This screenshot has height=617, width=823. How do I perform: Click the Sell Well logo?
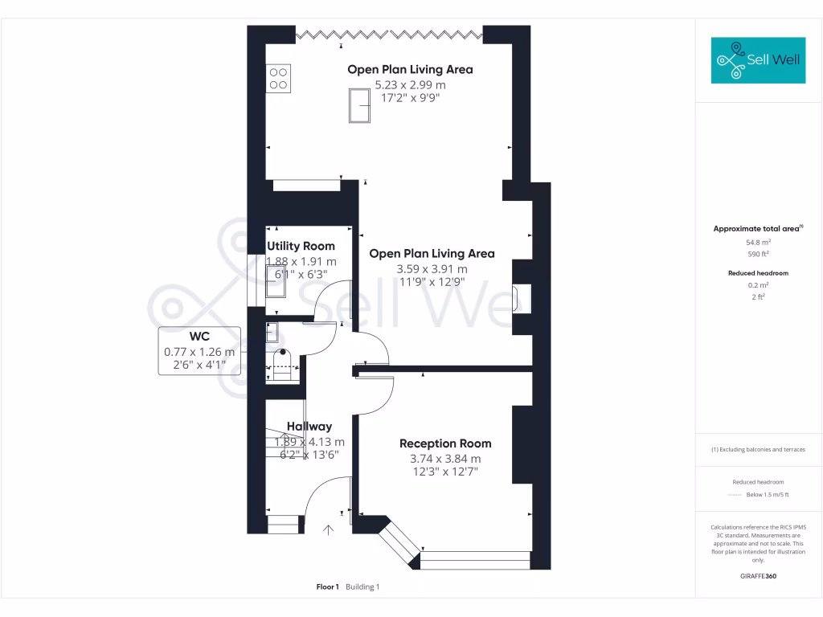[x=758, y=60]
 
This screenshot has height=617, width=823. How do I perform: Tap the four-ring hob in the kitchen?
[x=278, y=78]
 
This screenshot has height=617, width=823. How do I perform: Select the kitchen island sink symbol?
[x=358, y=106]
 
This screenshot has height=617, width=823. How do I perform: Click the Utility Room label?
[x=301, y=246]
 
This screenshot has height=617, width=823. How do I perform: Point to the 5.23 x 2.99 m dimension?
[x=410, y=84]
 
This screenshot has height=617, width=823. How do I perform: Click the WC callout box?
[x=199, y=350]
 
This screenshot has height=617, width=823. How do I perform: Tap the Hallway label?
[x=309, y=427]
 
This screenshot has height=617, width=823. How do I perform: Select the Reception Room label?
[x=445, y=443]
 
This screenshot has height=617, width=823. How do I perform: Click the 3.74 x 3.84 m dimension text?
[x=445, y=459]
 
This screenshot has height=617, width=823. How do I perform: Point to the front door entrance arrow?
[x=328, y=529]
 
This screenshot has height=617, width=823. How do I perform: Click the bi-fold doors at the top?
[x=389, y=34]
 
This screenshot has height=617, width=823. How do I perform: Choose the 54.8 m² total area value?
[x=758, y=242]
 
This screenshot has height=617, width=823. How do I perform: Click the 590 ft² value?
[x=758, y=253]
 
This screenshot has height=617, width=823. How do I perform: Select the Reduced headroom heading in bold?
[x=758, y=273]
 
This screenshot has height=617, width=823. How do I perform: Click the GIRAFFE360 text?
[x=758, y=576]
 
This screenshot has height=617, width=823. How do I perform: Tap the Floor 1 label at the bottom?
[x=328, y=587]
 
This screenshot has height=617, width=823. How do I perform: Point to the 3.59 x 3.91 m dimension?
[x=432, y=269]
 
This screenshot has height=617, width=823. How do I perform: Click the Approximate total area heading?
[x=758, y=229]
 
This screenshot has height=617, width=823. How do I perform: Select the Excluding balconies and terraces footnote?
[x=758, y=449]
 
